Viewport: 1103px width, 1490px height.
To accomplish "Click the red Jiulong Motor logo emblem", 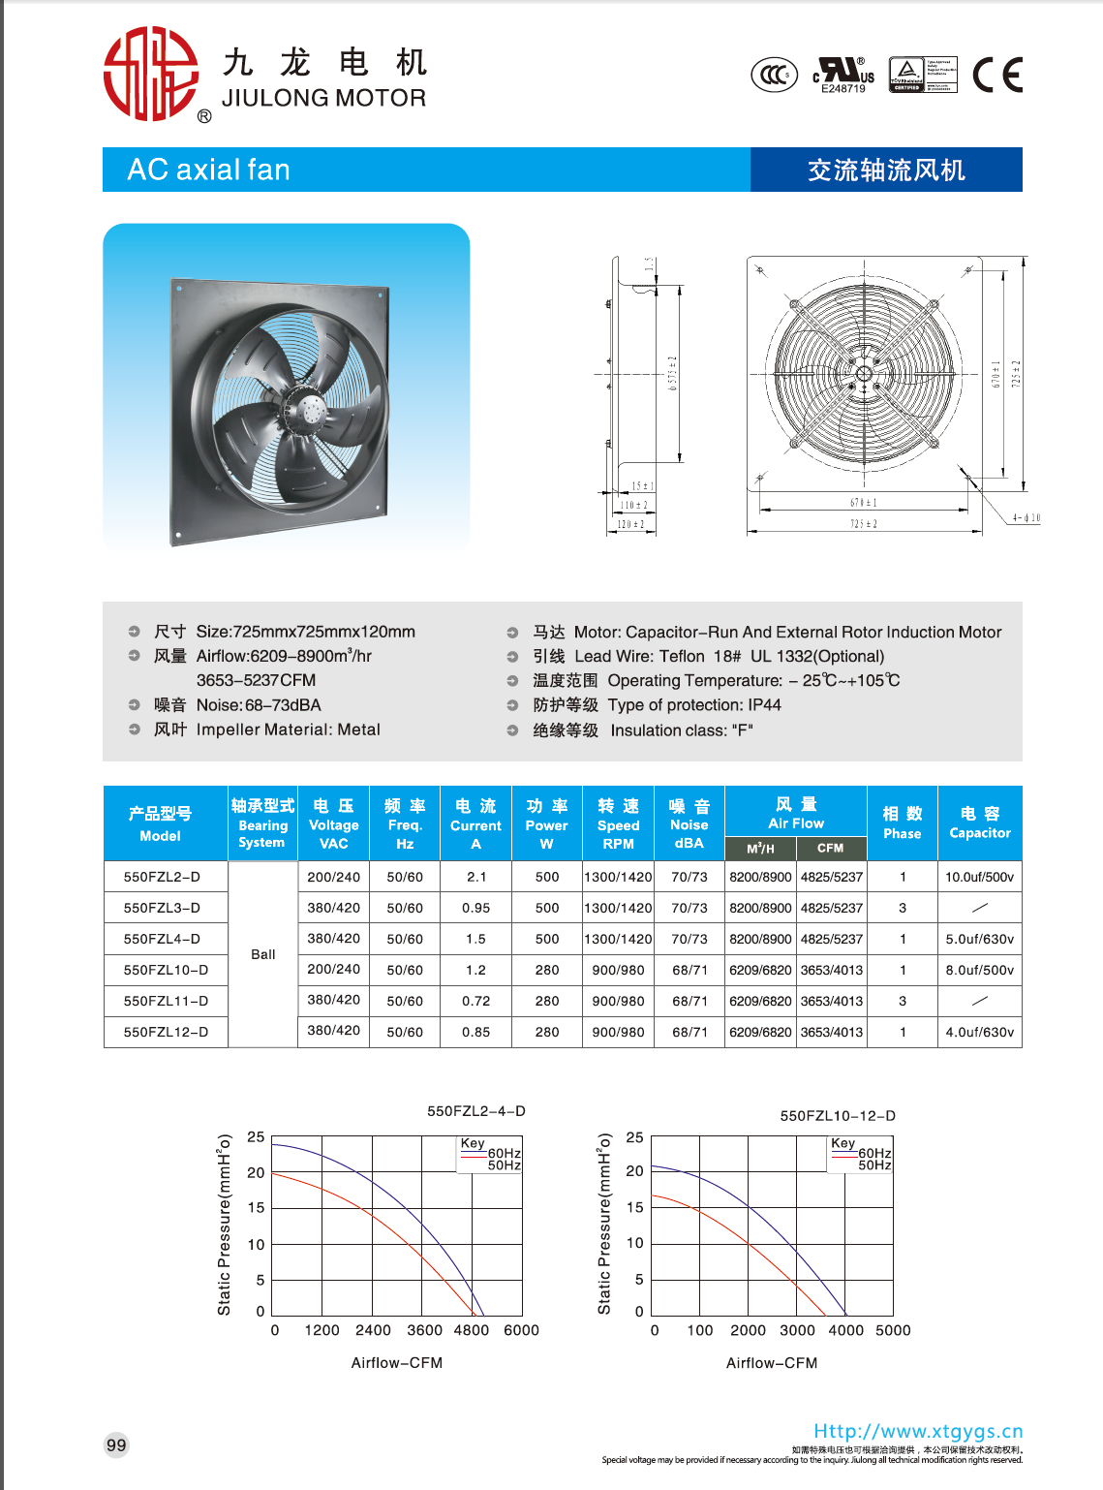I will point(150,74).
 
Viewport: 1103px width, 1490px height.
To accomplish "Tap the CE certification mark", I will point(997,75).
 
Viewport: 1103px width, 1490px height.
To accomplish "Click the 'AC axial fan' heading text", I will point(208,171).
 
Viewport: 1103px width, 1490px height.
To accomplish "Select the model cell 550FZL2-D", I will point(162,877).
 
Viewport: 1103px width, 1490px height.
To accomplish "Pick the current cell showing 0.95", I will point(475,908).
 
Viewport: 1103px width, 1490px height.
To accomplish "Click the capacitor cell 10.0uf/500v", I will point(979,877).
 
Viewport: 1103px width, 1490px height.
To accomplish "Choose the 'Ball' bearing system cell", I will point(262,954).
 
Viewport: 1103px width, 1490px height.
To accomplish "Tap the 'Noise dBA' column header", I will point(689,823).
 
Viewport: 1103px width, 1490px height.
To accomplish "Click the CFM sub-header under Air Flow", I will point(830,848).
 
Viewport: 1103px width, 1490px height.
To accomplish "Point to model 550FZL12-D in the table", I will point(166,1032).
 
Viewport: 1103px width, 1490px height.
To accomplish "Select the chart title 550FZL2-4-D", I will point(475,1111).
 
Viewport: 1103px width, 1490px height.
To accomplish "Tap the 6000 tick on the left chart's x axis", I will point(521,1330).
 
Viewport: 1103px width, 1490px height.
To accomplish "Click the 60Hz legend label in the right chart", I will point(874,1153).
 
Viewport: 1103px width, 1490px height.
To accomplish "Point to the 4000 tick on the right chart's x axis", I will point(845,1330).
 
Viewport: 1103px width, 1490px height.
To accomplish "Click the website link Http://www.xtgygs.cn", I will point(917,1431).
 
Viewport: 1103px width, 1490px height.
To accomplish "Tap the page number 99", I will point(116,1444).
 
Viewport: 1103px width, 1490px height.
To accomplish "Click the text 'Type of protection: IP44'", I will point(693,705).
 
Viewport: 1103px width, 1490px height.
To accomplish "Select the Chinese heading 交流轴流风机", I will point(886,171).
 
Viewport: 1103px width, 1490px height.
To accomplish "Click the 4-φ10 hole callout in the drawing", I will point(1026,518).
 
